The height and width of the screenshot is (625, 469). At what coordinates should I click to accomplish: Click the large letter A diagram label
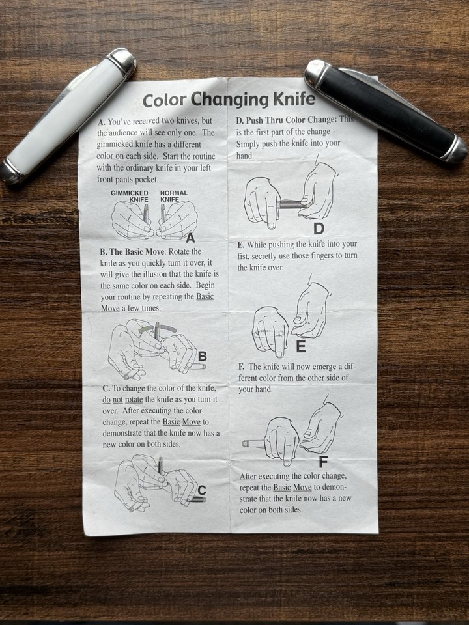tap(190, 238)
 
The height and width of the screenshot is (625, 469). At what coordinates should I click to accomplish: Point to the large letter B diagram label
tap(203, 356)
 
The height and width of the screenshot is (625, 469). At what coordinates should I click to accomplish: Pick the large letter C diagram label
tap(202, 490)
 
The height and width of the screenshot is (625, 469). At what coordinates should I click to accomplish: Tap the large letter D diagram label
tap(319, 229)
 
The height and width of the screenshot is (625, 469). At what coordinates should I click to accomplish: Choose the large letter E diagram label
tap(300, 347)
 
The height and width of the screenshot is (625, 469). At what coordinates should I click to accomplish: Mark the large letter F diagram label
tap(324, 463)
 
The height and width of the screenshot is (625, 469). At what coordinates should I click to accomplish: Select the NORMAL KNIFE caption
tap(173, 196)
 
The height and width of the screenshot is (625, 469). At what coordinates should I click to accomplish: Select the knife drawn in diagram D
tap(290, 204)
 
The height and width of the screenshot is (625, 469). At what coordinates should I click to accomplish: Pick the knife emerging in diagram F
tap(253, 443)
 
